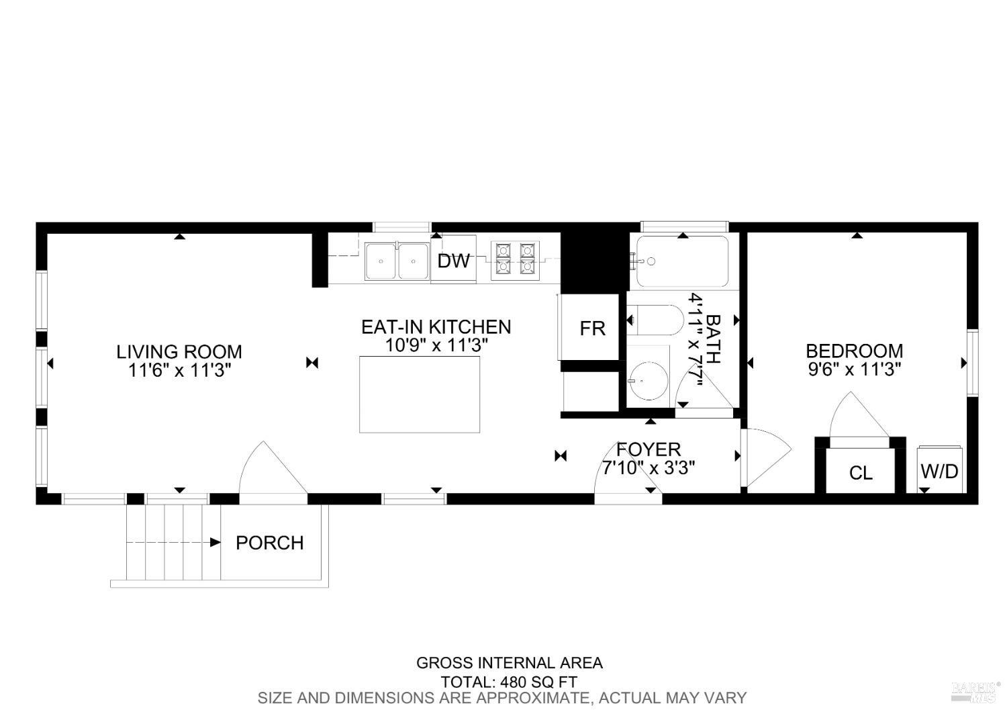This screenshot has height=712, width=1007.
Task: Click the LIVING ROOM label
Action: (179, 351)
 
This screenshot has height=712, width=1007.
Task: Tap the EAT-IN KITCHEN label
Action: (436, 327)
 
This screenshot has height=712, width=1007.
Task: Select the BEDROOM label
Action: (854, 351)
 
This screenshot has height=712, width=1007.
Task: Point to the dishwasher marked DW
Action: (453, 261)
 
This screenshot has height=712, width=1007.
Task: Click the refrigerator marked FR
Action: (592, 328)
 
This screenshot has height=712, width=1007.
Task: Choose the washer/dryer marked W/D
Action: (939, 471)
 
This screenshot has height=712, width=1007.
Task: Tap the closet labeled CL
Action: (861, 473)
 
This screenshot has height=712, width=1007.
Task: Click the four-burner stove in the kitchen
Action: (516, 261)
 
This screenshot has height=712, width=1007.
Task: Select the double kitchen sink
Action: (397, 261)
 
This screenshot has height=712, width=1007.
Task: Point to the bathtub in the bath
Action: (682, 262)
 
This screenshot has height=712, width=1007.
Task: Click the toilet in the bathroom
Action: (654, 320)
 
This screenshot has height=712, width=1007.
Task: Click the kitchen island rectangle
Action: (420, 394)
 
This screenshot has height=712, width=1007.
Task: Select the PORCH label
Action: (269, 543)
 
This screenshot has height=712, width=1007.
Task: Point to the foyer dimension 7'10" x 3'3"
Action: (648, 468)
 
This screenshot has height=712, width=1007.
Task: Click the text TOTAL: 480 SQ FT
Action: (509, 682)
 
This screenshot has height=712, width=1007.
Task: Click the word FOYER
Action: (649, 449)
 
